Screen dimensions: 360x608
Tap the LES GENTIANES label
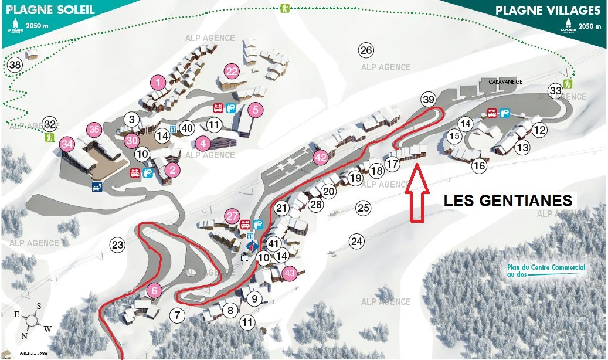[508, 201]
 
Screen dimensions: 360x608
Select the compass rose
[32, 320]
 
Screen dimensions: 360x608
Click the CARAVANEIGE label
[505, 82]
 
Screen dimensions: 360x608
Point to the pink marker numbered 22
[232, 72]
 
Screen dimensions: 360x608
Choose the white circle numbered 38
[15, 65]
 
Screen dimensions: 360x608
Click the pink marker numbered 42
[320, 157]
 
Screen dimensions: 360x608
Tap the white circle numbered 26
[366, 50]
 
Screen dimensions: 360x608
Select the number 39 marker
[429, 100]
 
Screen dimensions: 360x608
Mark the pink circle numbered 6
[154, 290]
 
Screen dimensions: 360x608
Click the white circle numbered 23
[117, 245]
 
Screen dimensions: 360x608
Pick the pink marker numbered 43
[289, 273]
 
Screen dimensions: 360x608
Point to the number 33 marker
[555, 90]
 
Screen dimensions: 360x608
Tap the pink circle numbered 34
[67, 144]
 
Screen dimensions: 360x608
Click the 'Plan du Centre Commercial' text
[546, 270]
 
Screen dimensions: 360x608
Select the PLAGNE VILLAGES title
[548, 11]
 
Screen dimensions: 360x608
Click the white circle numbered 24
[356, 240]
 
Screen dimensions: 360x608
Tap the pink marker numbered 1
[158, 82]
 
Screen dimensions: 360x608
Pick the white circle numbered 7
[177, 315]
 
